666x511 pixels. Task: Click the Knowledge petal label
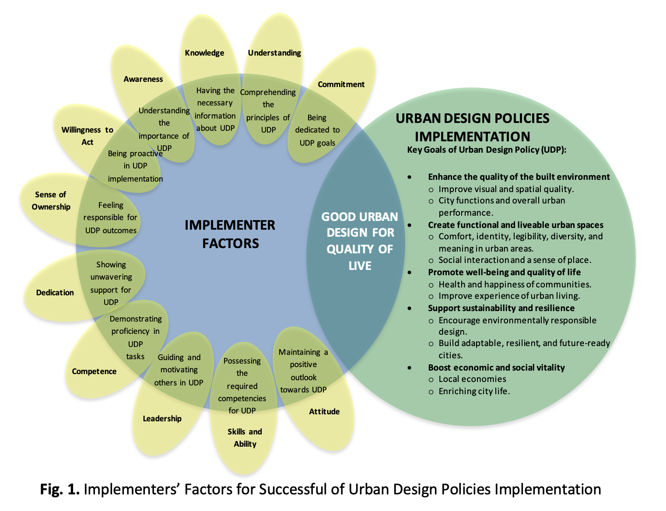[204, 53]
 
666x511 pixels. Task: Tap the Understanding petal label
[274, 53]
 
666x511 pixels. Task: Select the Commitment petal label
[341, 84]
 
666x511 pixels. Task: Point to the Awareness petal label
[143, 79]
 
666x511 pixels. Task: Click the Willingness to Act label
[88, 136]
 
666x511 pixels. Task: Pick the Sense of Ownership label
[51, 201]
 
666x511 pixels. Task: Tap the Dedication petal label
[55, 293]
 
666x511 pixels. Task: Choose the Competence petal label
[94, 371]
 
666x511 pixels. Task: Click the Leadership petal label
[162, 419]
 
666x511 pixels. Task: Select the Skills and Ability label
[245, 437]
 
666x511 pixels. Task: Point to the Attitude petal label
[324, 412]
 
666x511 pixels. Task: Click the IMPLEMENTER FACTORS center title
[230, 234]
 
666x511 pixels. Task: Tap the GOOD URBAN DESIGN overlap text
[360, 241]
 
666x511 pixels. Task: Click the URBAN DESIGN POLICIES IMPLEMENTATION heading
[473, 127]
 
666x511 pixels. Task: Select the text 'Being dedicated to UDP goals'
[317, 130]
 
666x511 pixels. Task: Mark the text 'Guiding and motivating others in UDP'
[179, 370]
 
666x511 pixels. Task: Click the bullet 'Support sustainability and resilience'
[501, 308]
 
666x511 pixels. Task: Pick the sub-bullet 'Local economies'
[472, 379]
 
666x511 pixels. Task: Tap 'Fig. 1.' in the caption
[60, 489]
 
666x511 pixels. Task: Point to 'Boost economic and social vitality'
[496, 367]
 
